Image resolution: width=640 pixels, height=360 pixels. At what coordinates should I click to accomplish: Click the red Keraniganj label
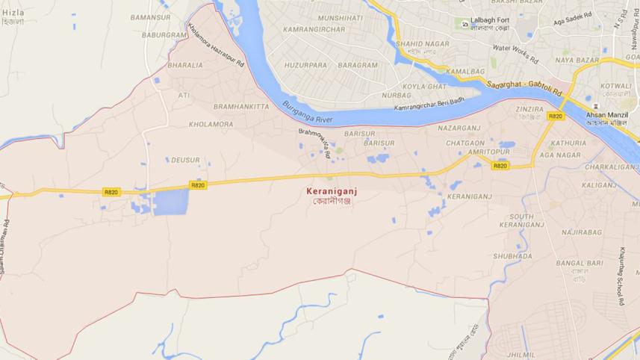pos(329,190)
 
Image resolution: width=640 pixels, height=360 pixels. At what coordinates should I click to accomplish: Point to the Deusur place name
pos(185,160)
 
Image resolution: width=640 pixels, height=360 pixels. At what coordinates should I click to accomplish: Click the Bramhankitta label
pos(240,107)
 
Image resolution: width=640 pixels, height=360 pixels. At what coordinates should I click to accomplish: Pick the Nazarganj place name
pos(460,128)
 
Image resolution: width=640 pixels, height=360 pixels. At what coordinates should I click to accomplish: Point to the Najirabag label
pos(582,233)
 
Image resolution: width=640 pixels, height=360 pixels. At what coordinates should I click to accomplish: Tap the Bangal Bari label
pos(579,264)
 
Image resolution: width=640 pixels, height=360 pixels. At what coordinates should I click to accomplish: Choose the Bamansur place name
pos(150,16)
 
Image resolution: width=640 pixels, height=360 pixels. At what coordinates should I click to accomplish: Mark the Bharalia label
pos(185,66)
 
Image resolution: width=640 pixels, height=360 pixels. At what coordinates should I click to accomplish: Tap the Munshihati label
pos(340,18)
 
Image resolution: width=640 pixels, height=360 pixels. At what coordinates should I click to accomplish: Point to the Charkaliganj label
pos(612,167)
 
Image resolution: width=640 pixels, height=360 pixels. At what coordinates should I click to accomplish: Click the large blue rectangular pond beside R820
pos(171,202)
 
